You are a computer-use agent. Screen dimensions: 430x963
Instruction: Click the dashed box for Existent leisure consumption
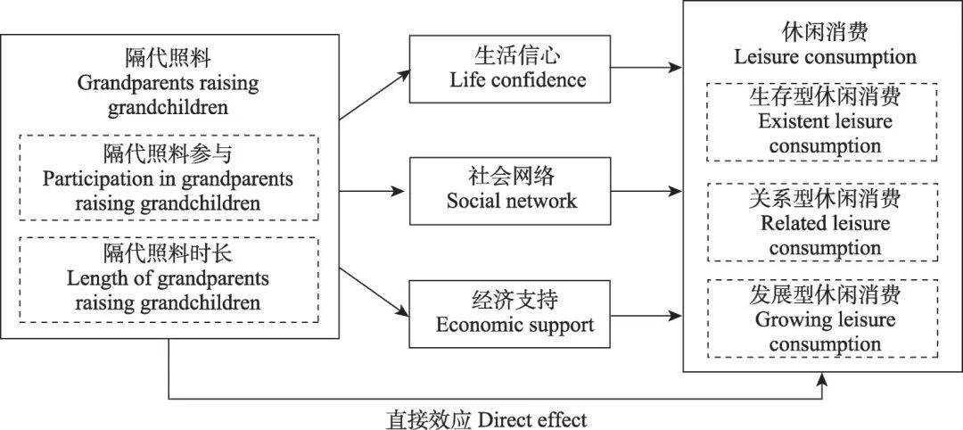(824, 121)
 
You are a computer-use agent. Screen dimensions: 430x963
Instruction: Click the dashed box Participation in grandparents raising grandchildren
(168, 178)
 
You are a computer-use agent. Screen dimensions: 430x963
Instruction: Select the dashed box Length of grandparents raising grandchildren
(168, 278)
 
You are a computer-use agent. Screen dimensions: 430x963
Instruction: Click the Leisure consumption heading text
(825, 57)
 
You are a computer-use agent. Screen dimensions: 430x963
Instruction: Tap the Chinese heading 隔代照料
(168, 60)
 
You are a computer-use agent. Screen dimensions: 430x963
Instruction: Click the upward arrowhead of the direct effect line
(821, 378)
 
